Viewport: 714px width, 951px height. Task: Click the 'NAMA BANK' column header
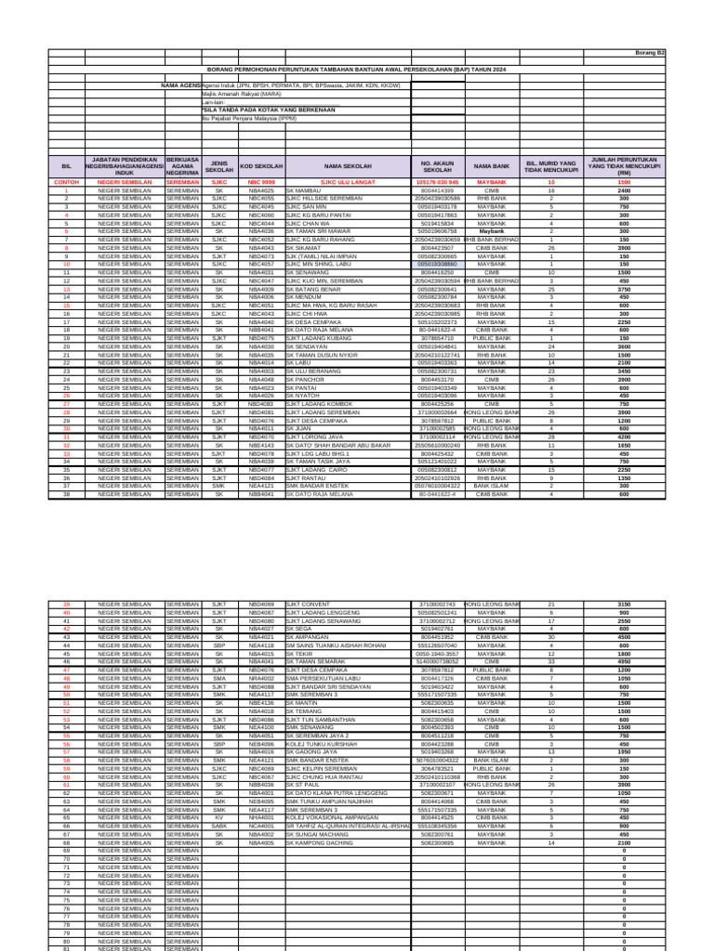[492, 166]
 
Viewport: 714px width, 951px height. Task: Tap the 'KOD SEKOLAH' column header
[261, 166]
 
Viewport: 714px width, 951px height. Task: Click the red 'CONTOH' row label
[66, 183]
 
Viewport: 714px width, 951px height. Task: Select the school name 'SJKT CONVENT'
[307, 604]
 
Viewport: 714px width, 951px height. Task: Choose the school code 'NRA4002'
[261, 678]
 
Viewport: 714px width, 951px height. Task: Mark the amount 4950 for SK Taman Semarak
[624, 661]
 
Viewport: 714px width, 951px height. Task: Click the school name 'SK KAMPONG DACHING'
[320, 842]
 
